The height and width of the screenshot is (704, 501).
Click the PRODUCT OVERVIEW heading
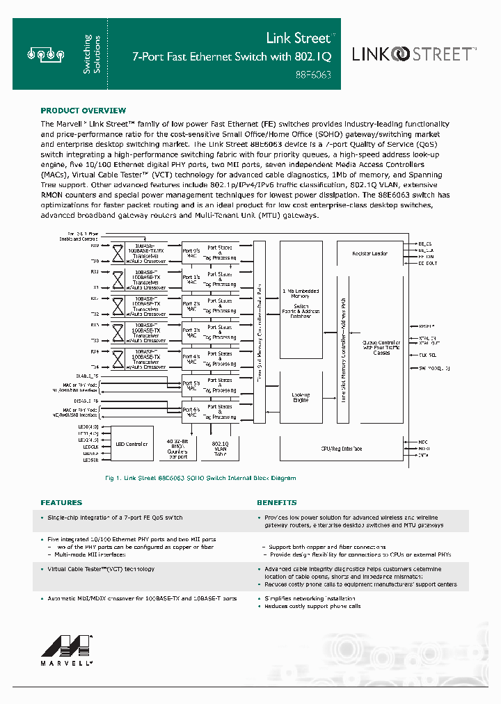(x=83, y=111)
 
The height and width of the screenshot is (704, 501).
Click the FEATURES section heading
(x=61, y=502)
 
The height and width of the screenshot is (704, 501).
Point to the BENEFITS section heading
(x=276, y=502)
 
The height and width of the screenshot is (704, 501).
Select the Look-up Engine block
(x=301, y=397)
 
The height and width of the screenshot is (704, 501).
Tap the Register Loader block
(x=369, y=253)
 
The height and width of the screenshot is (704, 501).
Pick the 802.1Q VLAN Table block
(x=220, y=448)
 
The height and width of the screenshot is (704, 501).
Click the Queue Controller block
(x=381, y=347)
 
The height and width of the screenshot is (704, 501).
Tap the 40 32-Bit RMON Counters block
(x=179, y=448)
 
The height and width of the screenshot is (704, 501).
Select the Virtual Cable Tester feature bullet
(x=101, y=569)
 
